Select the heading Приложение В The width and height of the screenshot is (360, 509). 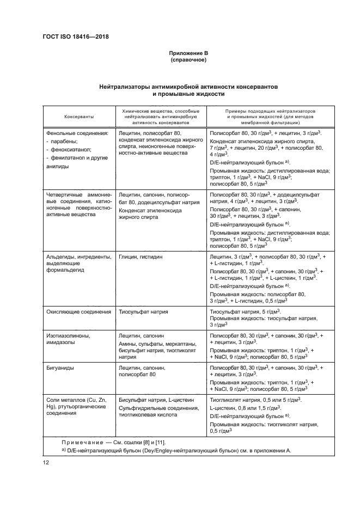tap(188, 53)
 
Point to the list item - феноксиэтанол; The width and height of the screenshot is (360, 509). tap(69, 149)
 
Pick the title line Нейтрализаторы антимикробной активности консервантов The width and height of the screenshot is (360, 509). tap(188, 87)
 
